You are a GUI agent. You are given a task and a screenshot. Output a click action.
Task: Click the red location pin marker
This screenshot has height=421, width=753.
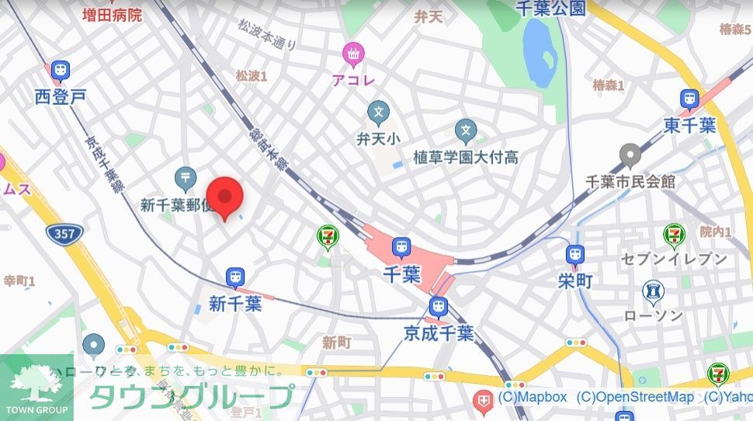[x=225, y=197]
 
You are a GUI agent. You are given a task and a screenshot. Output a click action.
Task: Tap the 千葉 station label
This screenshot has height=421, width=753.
[x=401, y=273]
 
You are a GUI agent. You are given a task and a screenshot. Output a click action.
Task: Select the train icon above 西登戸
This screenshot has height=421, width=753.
[x=60, y=72]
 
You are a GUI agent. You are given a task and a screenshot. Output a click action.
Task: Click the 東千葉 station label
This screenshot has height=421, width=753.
[x=689, y=125]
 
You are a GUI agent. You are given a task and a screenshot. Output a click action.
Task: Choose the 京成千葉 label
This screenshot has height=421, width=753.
[x=439, y=333]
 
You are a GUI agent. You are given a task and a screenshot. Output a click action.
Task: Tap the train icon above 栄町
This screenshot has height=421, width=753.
[x=575, y=255]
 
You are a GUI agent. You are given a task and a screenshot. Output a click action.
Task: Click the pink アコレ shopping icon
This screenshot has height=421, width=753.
[x=353, y=54]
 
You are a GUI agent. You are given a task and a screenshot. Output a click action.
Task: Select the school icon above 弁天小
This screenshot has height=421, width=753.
[x=378, y=113]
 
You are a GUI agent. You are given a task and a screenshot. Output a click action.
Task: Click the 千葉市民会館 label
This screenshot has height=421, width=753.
[x=630, y=181]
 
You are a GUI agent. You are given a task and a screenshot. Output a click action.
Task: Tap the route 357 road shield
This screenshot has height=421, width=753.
[x=60, y=232]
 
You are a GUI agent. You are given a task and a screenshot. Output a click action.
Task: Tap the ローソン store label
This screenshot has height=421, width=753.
[x=654, y=315]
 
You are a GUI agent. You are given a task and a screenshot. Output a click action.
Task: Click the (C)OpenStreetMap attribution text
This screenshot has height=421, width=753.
[x=635, y=397]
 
